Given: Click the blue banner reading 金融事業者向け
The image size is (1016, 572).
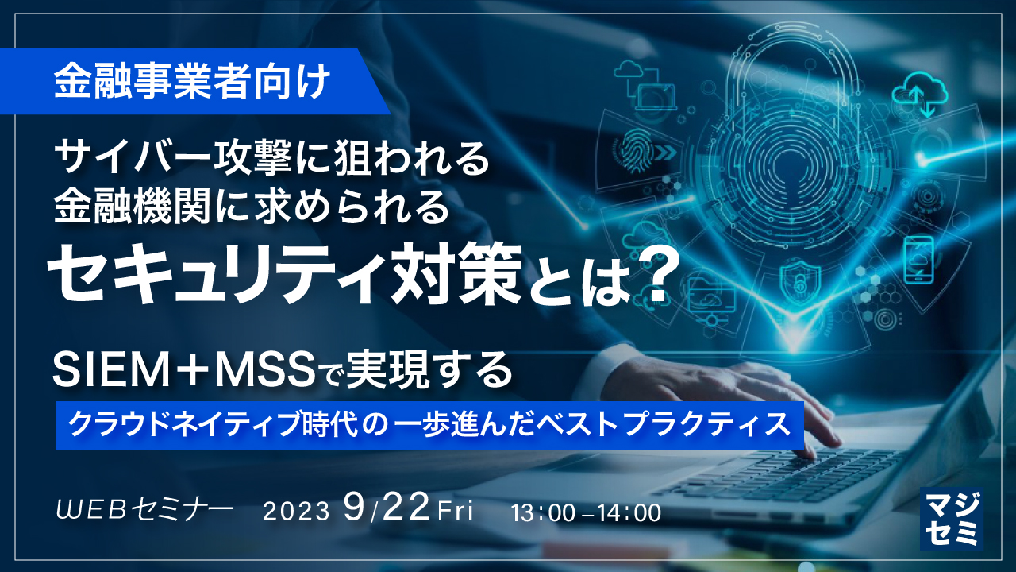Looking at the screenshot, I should [x=190, y=82].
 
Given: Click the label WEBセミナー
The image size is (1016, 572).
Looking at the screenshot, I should [x=144, y=509].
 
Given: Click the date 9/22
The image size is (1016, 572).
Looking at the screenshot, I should [x=387, y=507].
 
